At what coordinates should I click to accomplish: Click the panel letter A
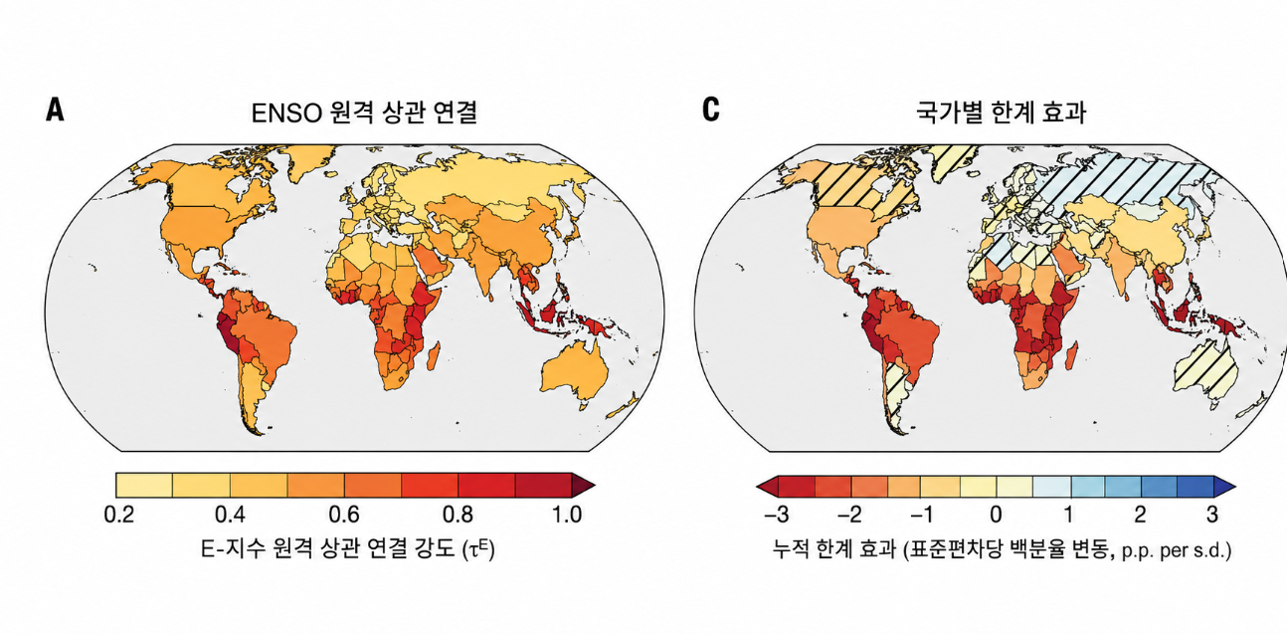pyautogui.click(x=55, y=109)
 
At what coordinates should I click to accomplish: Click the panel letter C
pyautogui.click(x=711, y=109)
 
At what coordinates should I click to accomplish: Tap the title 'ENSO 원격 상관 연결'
pyautogui.click(x=364, y=112)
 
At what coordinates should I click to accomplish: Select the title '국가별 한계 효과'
pyautogui.click(x=1001, y=112)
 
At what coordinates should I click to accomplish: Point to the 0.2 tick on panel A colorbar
pyautogui.click(x=119, y=514)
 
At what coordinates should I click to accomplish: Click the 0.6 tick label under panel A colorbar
pyautogui.click(x=344, y=514)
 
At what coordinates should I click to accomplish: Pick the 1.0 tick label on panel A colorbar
pyautogui.click(x=567, y=514)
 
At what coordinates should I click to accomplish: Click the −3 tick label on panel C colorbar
pyautogui.click(x=777, y=514)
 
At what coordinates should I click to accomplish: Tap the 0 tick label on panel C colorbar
pyautogui.click(x=996, y=514)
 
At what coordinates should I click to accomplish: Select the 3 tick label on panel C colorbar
pyautogui.click(x=1212, y=514)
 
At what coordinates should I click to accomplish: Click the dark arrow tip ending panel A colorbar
pyautogui.click(x=584, y=485)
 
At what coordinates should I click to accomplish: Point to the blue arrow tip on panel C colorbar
pyautogui.click(x=1224, y=487)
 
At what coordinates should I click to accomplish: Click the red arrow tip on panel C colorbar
pyautogui.click(x=767, y=487)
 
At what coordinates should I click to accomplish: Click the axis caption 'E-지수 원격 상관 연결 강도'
pyautogui.click(x=330, y=549)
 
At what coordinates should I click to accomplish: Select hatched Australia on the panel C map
pyautogui.click(x=1204, y=372)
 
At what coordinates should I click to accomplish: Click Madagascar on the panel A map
pyautogui.click(x=434, y=355)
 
